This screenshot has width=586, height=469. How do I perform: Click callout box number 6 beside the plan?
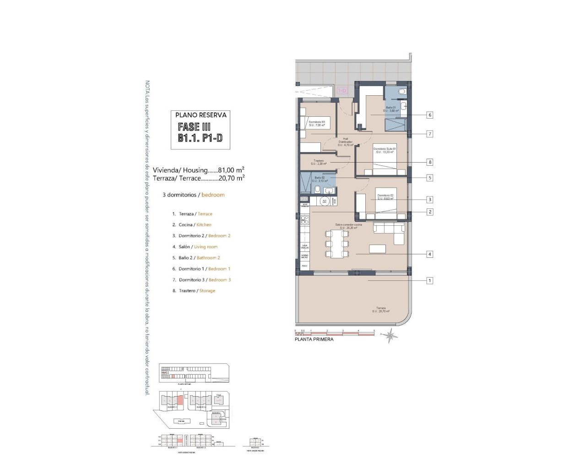[429, 115]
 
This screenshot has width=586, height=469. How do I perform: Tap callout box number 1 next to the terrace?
[429, 280]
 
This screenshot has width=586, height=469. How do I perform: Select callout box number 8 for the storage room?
[429, 162]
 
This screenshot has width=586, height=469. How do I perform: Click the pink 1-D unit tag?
[342, 91]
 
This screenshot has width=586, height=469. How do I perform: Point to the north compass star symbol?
[390, 335]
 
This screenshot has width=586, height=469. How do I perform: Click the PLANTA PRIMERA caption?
[314, 339]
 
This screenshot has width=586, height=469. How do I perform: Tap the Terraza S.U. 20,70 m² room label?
[381, 310]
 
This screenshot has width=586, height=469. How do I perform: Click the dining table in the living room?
[337, 244]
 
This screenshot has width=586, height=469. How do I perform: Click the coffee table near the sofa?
[378, 249]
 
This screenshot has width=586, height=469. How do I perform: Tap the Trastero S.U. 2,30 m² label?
[319, 162]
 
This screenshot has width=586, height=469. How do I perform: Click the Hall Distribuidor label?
[346, 142]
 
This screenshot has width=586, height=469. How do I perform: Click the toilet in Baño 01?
[402, 92]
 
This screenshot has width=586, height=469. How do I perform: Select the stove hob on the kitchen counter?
[304, 220]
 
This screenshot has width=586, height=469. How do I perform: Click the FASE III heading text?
[194, 127]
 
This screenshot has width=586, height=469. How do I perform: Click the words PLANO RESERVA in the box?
[201, 115]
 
